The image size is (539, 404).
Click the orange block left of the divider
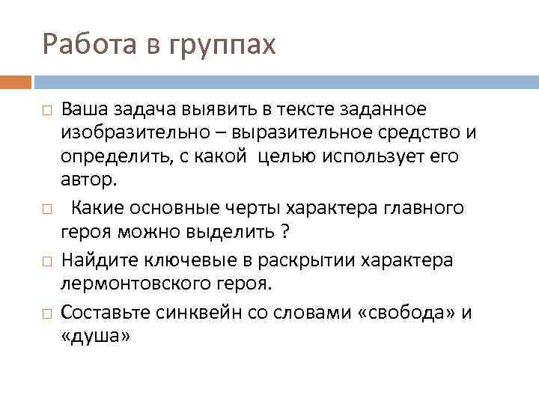click(16, 81)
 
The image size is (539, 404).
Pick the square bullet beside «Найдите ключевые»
click(46, 261)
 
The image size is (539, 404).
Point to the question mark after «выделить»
click(285, 232)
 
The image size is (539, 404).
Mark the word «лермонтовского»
click(143, 284)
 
